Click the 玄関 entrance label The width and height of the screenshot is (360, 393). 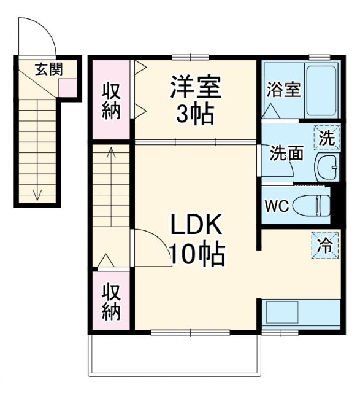pos(48,69)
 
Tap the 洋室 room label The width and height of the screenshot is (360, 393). pos(196,87)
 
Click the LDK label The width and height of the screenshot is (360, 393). pos(196,227)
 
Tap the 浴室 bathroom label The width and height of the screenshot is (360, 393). pos(283,90)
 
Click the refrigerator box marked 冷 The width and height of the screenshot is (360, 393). pos(326,246)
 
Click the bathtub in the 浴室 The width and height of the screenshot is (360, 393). pos(321,90)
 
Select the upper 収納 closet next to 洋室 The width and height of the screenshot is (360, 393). pos(111,100)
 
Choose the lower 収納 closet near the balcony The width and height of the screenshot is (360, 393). pos(111,301)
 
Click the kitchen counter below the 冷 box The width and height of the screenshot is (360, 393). pos(301,313)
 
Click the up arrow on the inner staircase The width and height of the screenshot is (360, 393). pos(110,154)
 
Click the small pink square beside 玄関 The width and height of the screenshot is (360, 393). pos(67,88)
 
